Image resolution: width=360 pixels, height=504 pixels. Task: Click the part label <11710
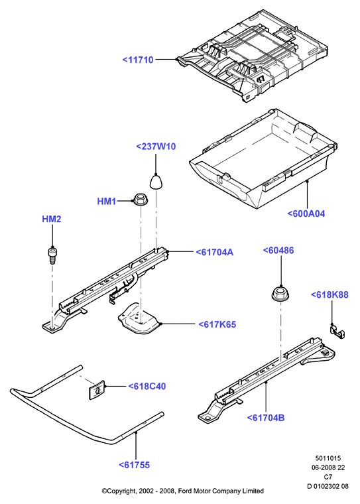[x=138, y=60]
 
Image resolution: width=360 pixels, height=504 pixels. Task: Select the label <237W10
[x=156, y=147]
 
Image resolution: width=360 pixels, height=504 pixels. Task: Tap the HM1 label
[x=106, y=202]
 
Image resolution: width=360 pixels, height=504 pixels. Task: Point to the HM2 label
[x=52, y=220]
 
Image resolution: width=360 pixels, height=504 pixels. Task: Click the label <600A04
[x=306, y=214]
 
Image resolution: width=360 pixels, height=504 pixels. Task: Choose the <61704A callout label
[x=215, y=252]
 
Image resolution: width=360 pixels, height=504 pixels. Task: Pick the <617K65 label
[x=217, y=324]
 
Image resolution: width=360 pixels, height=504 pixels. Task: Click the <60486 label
[x=278, y=251]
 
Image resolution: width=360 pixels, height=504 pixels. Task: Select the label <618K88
[x=330, y=294]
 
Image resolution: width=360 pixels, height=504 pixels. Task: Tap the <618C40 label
[x=147, y=386]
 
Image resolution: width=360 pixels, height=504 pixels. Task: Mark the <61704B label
[x=266, y=418]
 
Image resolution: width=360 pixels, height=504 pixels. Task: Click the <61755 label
[x=135, y=465]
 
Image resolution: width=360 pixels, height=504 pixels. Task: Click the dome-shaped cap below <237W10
[x=156, y=182]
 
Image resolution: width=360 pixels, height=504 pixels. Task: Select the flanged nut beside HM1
[x=139, y=200]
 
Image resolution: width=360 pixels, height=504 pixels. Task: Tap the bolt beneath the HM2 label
[x=52, y=255]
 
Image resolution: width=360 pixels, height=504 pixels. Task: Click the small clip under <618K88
[x=337, y=332]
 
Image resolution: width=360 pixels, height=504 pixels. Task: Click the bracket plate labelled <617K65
[x=138, y=318]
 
